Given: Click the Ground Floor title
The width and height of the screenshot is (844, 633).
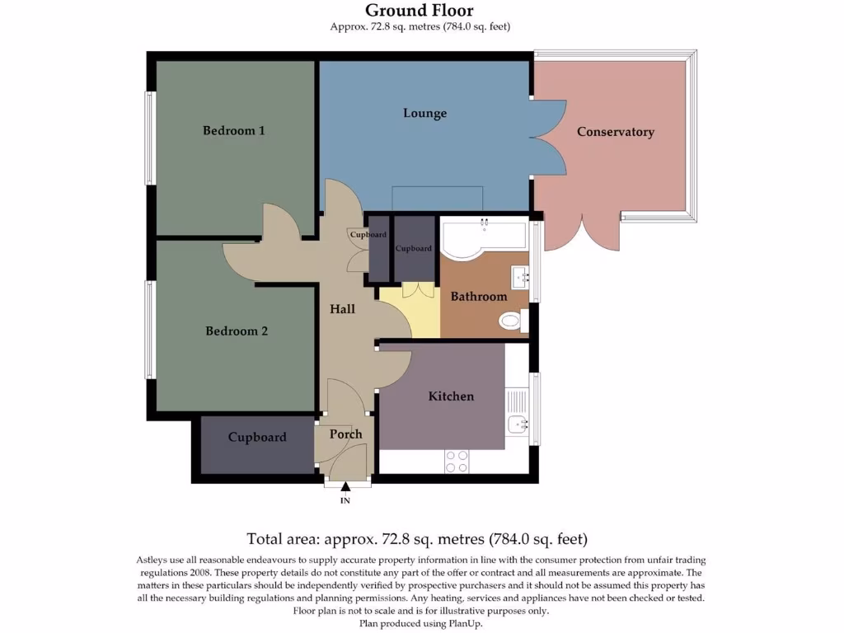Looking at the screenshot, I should click(x=420, y=11).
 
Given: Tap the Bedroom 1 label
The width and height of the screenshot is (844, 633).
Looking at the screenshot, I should click(x=234, y=130).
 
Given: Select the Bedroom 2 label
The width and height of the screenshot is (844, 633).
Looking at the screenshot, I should click(x=237, y=331).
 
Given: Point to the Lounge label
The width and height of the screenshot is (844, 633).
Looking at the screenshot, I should click(x=424, y=113).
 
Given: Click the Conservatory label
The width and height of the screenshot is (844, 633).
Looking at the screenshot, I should click(x=615, y=132).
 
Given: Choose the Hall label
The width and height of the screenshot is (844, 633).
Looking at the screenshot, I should click(x=342, y=309).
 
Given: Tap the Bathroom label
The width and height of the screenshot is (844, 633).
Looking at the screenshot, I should click(x=478, y=297).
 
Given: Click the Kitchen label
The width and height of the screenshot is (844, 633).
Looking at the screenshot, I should click(x=451, y=396).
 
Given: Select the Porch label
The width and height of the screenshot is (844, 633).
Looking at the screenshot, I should click(x=345, y=434).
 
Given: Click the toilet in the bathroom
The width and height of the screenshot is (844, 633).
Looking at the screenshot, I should click(x=511, y=320).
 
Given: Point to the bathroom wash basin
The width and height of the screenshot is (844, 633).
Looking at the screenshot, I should click(x=519, y=276).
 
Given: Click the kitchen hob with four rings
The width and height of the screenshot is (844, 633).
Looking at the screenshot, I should click(x=457, y=461).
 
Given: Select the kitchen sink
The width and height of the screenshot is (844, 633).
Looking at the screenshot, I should click(x=518, y=424).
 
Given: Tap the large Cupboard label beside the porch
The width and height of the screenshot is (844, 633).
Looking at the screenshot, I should click(x=257, y=438).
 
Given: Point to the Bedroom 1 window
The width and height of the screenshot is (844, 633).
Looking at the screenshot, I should click(x=150, y=138).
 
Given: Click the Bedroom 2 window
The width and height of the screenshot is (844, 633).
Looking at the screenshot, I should click(x=150, y=330).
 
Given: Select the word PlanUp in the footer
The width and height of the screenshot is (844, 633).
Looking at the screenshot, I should click(x=464, y=624).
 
